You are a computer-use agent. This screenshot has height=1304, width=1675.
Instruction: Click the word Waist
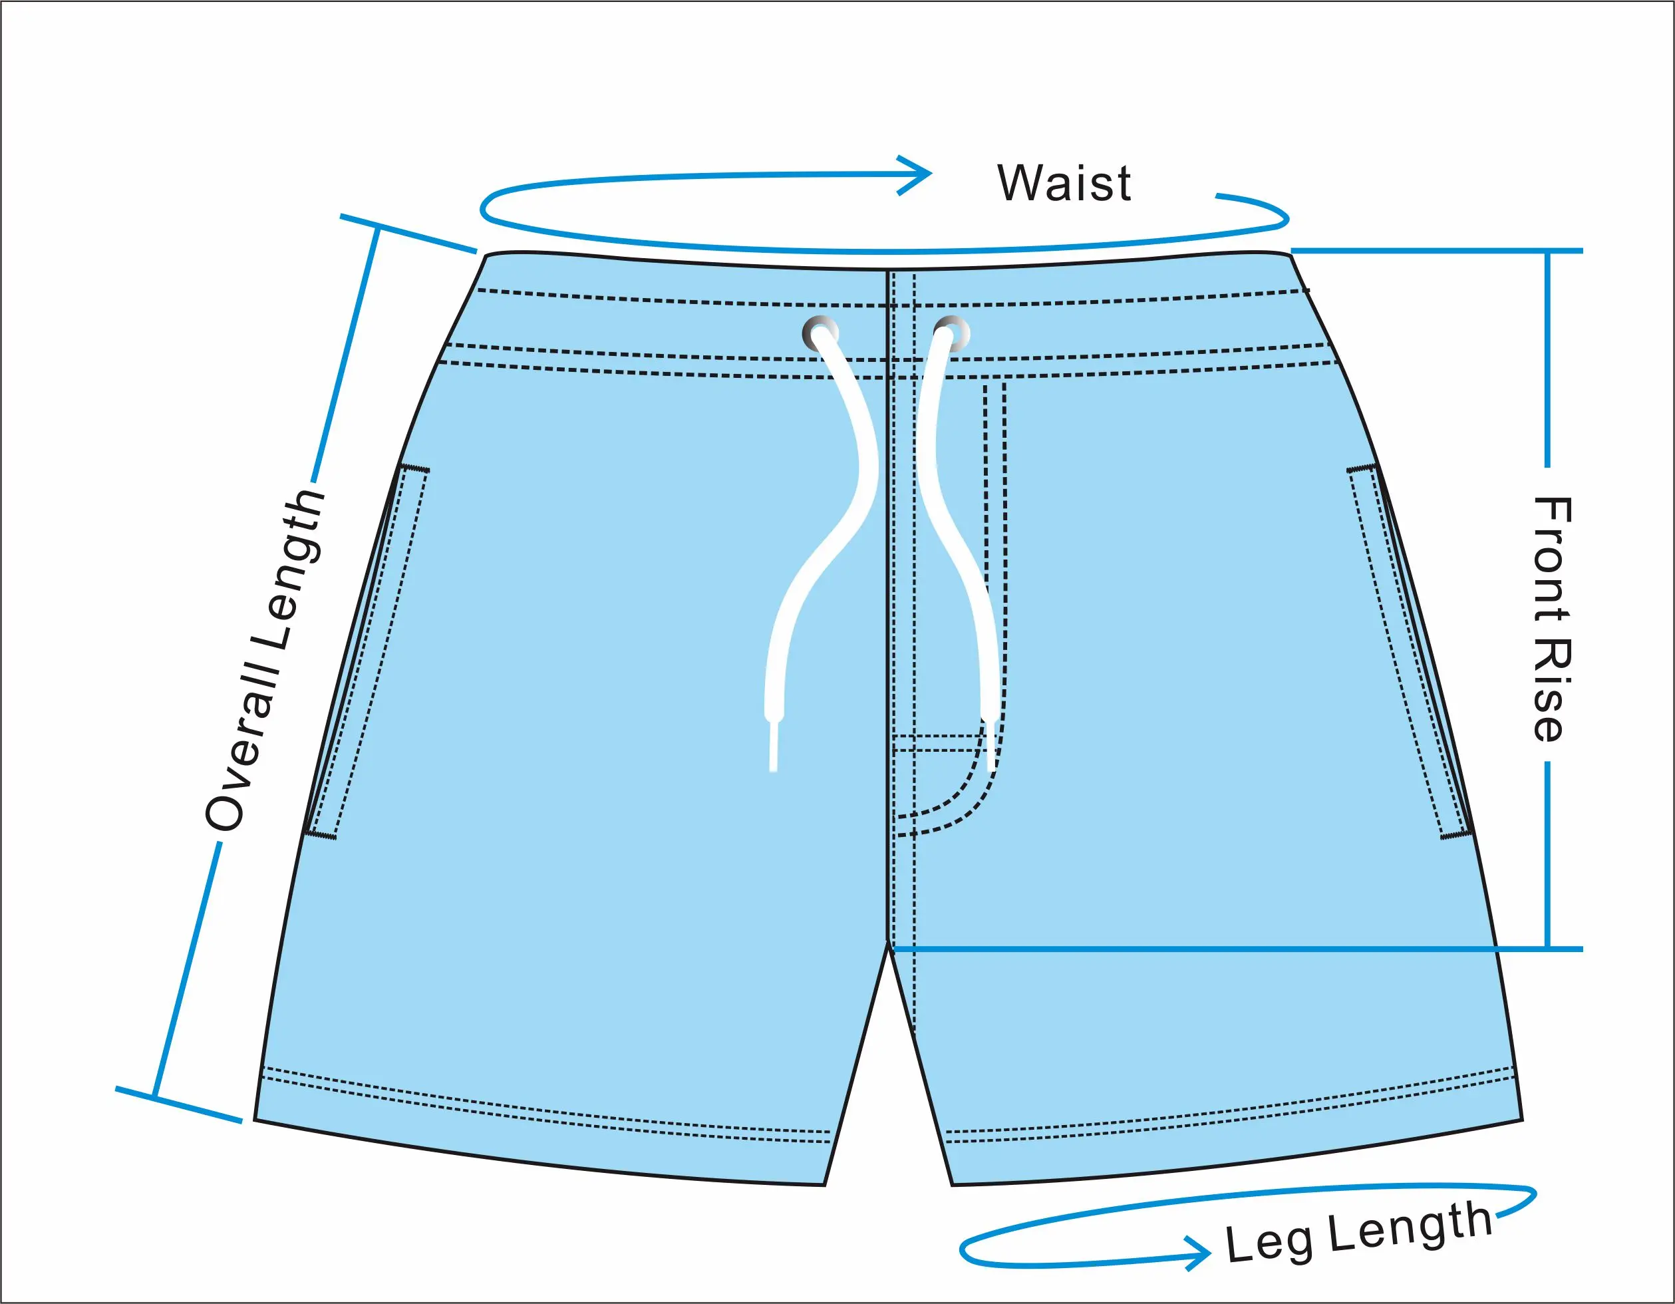pyautogui.click(x=1064, y=184)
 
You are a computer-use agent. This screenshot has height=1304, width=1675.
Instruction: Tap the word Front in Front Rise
pyautogui.click(x=1551, y=561)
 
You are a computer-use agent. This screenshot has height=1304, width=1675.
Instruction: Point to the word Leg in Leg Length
pyautogui.click(x=1268, y=1241)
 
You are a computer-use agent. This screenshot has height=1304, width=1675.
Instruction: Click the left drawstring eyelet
pyautogui.click(x=820, y=334)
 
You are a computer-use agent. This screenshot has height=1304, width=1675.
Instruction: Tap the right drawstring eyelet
pyautogui.click(x=952, y=334)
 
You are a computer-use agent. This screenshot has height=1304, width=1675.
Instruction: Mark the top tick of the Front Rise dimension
pyautogui.click(x=1548, y=251)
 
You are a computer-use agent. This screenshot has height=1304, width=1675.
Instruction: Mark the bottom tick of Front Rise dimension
pyautogui.click(x=1548, y=949)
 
